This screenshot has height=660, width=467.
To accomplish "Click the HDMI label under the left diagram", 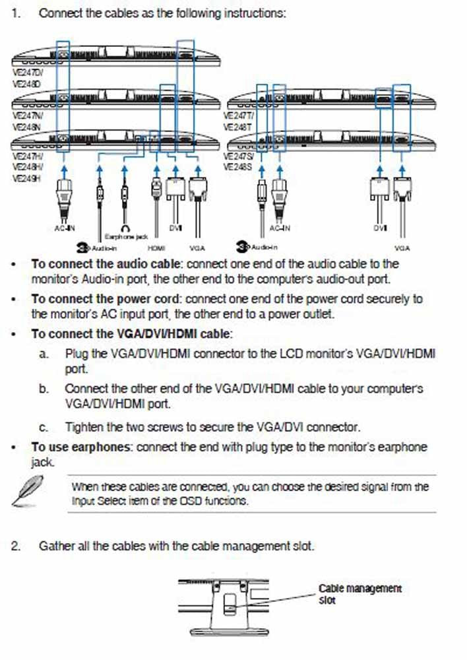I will (156, 248).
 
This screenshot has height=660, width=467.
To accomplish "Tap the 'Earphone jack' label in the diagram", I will (127, 236).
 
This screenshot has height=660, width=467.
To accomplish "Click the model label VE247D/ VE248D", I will (27, 79).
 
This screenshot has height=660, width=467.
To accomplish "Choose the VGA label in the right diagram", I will (402, 248).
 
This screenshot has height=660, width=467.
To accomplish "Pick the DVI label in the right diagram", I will (379, 228).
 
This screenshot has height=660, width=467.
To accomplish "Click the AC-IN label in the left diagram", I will (64, 228).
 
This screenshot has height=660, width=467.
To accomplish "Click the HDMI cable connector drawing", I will (156, 188).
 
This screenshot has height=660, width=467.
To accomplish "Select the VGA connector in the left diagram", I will (197, 191).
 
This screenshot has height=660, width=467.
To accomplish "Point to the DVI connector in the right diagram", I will (379, 191).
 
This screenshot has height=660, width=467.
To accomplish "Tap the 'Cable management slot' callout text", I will (359, 593).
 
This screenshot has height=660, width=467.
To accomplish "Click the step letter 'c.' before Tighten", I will (44, 428).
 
